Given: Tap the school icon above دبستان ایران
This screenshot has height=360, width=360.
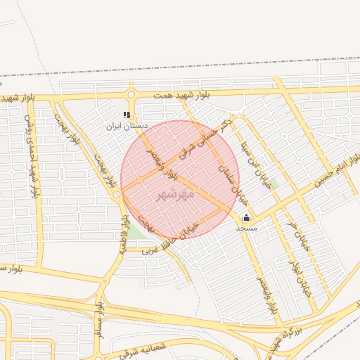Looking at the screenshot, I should (127, 115).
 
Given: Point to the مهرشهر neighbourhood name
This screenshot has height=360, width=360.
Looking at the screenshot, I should (175, 192).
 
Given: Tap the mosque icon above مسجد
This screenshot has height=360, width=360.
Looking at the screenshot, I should (246, 218).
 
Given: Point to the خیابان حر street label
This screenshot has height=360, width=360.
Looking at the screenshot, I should (298, 236).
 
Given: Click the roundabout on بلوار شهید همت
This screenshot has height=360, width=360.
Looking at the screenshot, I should (131, 95).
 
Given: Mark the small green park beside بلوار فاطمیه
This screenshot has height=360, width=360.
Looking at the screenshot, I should (133, 231).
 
